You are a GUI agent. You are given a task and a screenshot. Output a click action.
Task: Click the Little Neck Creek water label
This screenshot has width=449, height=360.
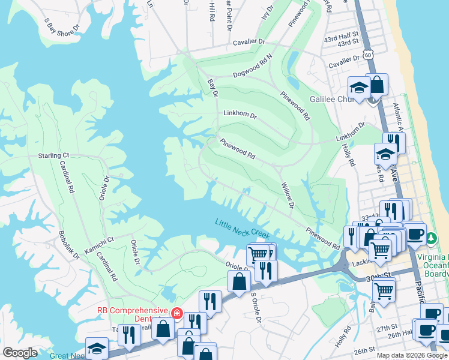[243, 229]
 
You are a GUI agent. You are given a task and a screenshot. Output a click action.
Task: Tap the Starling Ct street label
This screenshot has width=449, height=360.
[54, 155]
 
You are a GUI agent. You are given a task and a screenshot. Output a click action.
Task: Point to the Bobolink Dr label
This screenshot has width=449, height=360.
[69, 245]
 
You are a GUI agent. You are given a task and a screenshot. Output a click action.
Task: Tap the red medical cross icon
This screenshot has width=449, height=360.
[176, 313]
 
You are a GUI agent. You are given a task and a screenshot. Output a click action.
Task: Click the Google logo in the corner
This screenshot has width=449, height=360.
[20, 353]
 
